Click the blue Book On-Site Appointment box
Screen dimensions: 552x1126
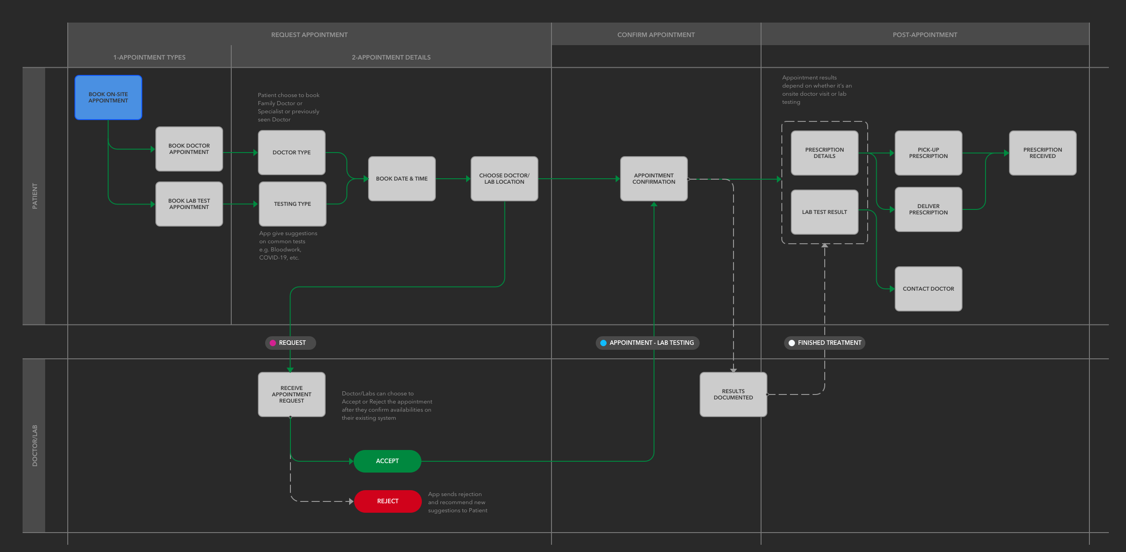point(108,97)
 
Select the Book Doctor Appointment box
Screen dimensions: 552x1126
point(189,149)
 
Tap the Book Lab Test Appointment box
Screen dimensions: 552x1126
point(189,204)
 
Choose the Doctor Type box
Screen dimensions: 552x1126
point(292,153)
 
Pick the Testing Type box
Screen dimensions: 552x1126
point(293,204)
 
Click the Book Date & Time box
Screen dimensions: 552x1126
point(402,179)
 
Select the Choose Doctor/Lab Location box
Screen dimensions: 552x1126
point(505,179)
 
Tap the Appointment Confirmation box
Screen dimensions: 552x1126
point(654,179)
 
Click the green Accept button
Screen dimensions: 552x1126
point(388,461)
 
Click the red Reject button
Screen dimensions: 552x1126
point(388,501)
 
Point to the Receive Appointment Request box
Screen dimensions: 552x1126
point(292,394)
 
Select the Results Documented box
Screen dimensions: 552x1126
point(734,394)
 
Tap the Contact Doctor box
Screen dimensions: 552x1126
point(929,289)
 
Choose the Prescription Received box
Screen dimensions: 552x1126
point(1043,153)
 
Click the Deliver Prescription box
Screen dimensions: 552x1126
point(929,209)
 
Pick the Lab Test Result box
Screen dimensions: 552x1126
point(825,212)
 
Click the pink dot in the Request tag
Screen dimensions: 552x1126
point(273,343)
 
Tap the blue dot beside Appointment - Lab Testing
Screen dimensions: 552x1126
point(603,343)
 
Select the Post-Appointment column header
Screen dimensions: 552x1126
point(925,35)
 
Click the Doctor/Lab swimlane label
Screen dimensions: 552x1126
point(35,445)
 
